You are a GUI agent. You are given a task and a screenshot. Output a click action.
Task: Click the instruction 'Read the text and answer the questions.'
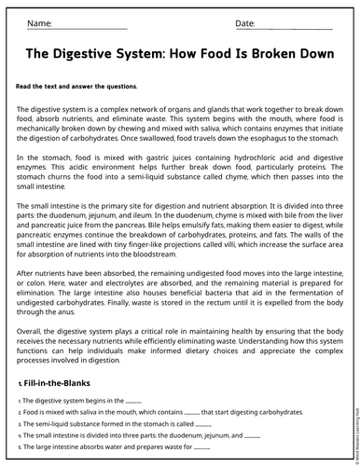pos(76,86)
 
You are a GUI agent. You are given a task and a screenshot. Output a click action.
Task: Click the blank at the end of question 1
pos(132,401)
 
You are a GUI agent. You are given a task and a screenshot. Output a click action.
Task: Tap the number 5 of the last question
pos(19,447)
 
